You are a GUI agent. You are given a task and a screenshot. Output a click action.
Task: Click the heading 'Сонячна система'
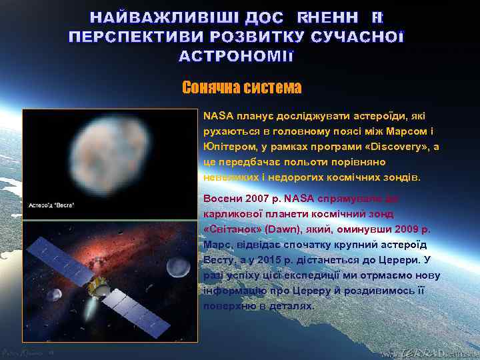[241, 87]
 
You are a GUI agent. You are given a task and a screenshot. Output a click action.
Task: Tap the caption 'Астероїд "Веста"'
[51, 205]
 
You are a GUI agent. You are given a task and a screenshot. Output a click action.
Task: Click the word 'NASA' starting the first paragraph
[215, 115]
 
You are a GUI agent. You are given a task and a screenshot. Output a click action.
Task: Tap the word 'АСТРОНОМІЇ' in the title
[235, 56]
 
